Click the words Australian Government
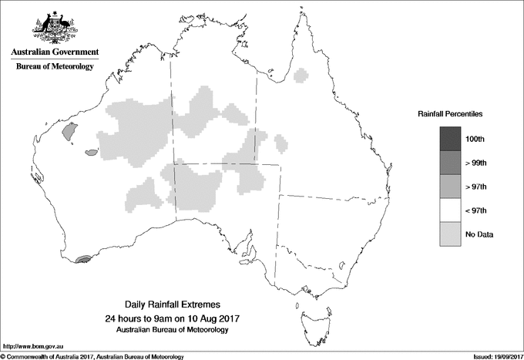tap(55, 52)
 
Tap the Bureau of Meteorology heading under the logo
tap(55, 67)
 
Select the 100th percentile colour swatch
tap(452, 139)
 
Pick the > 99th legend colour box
tap(452, 163)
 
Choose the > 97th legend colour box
tap(452, 187)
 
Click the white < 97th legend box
tap(452, 210)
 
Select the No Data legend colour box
tap(452, 234)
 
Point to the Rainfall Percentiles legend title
tap(450, 114)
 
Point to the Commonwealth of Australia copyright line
tap(92, 356)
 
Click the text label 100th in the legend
tap(475, 139)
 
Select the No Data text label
tap(479, 234)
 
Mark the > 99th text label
tap(475, 163)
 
